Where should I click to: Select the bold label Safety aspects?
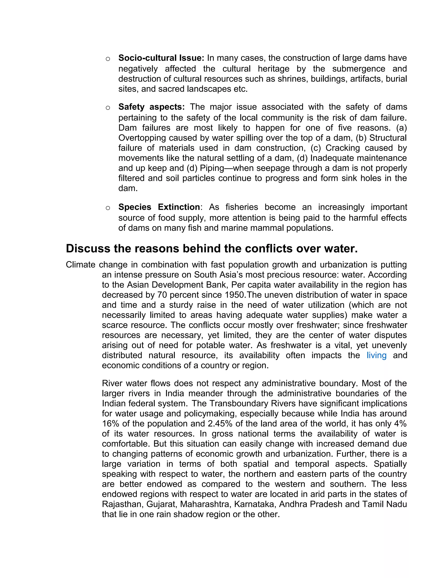click(x=151, y=107)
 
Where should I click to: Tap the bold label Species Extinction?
click(x=159, y=207)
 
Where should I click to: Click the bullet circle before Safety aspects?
click(x=108, y=108)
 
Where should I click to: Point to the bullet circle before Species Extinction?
click(x=108, y=208)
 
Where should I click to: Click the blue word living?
click(x=376, y=355)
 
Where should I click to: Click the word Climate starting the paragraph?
click(x=81, y=265)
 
